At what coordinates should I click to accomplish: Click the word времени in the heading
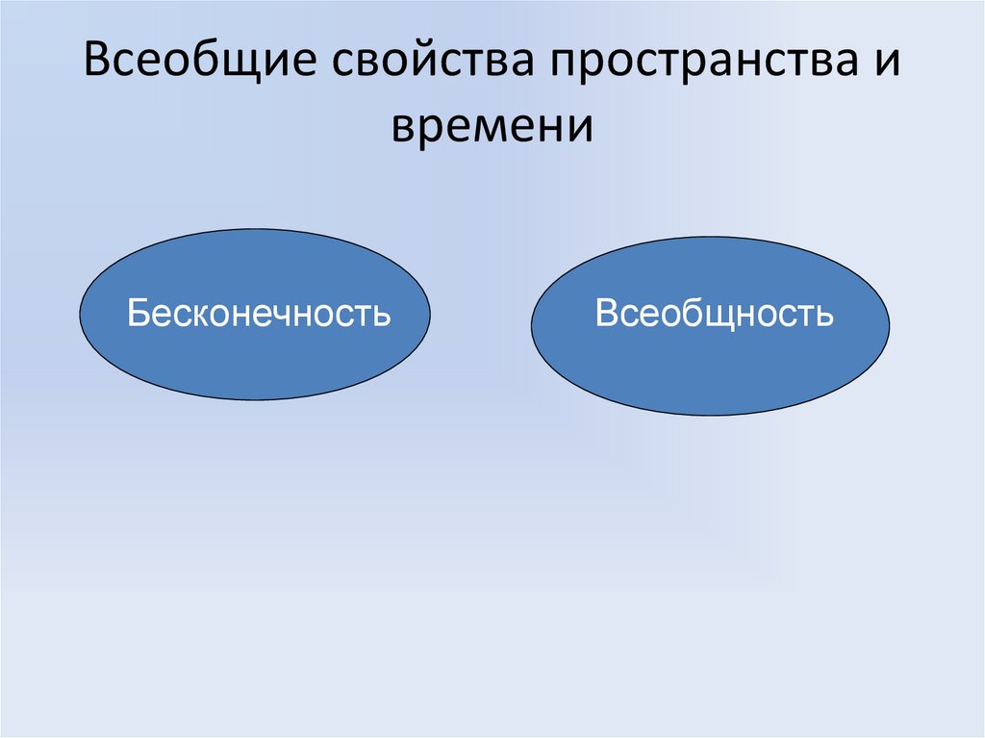click(x=492, y=126)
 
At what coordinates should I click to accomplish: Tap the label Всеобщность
click(x=714, y=314)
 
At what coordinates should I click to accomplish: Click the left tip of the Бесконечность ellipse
click(x=80, y=315)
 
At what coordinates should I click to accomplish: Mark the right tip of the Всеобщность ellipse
click(x=889, y=325)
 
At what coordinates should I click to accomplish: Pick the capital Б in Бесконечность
click(x=138, y=315)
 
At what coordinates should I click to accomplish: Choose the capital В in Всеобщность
click(x=606, y=314)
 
